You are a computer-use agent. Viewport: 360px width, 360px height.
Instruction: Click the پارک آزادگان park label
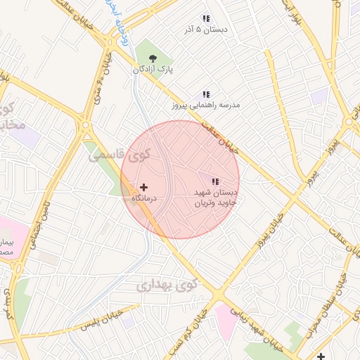(x=152, y=70)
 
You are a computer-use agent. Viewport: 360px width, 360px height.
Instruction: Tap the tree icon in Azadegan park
(x=153, y=58)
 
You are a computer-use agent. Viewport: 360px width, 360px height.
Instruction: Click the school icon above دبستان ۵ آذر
(x=206, y=18)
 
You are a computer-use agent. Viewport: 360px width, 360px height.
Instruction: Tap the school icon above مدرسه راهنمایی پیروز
(x=206, y=94)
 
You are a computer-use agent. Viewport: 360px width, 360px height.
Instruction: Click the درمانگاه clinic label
(x=146, y=199)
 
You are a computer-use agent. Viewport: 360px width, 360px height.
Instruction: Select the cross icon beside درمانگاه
(x=144, y=188)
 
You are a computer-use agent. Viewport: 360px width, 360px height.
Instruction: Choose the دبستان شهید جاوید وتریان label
(x=216, y=197)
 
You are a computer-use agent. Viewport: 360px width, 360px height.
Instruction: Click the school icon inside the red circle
(x=215, y=181)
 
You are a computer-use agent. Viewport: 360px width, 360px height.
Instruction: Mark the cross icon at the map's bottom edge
(x=321, y=355)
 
